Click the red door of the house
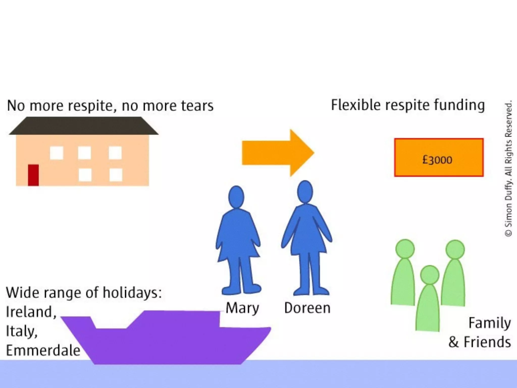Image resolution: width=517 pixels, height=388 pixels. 33,175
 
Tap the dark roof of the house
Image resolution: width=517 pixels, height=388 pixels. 83,126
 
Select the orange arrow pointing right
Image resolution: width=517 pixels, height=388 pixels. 278,153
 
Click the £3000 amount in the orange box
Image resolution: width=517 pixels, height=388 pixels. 437,160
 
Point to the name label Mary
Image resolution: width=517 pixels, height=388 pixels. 242,308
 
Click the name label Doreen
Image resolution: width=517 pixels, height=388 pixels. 307,308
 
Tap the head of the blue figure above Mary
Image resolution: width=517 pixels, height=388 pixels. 236,197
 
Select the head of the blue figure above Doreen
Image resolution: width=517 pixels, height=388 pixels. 305,192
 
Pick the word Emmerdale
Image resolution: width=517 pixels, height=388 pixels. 43,350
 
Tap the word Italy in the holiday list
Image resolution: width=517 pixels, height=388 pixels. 21,331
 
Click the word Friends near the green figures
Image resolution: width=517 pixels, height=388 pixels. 487,342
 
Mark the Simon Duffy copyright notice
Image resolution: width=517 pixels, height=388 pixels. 508,169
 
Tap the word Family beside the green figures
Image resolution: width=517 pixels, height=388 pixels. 489,323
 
